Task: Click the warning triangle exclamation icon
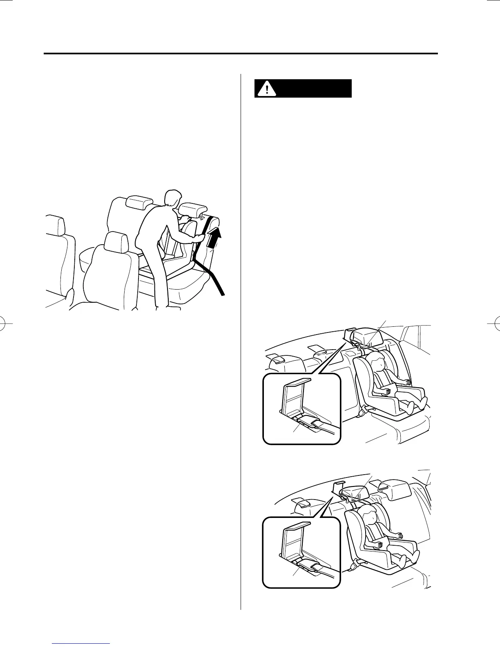[266, 88]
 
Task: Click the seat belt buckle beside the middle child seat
[362, 413]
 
